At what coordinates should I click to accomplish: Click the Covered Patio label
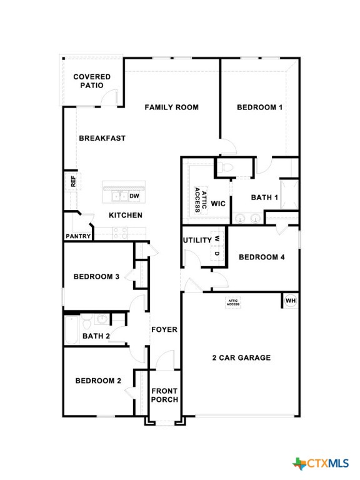[92, 81]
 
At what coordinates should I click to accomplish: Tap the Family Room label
[171, 107]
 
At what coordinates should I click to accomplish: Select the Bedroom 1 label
[259, 107]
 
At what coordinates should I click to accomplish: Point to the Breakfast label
[102, 138]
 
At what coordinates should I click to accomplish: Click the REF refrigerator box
[72, 181]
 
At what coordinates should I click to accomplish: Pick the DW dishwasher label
[134, 196]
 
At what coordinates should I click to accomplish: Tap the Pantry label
[78, 236]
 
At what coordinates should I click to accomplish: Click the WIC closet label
[218, 204]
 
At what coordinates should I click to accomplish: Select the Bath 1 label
[264, 197]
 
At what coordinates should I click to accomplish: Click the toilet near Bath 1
[226, 167]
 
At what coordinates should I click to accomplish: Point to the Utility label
[197, 241]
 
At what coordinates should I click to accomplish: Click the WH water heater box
[290, 301]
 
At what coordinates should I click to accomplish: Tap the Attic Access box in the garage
[233, 302]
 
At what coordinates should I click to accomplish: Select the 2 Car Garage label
[241, 358]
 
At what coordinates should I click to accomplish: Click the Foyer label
[164, 329]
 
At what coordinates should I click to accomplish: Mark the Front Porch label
[164, 396]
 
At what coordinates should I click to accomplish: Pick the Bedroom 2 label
[98, 381]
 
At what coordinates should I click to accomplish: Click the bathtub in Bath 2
[72, 329]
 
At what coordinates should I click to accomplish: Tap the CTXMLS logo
[321, 463]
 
